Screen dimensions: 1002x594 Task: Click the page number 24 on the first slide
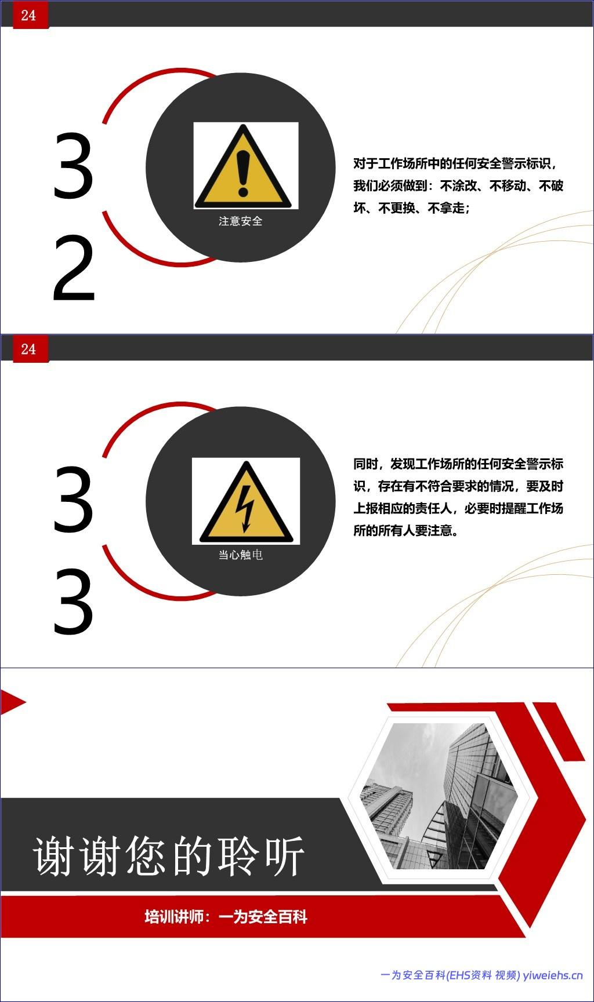28,15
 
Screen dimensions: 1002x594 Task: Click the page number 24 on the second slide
28,349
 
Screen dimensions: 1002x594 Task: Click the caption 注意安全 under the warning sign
240,221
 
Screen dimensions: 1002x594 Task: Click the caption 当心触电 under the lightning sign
240,555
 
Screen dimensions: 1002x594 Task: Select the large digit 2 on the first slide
73,269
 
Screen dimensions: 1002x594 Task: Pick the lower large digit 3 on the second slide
73,603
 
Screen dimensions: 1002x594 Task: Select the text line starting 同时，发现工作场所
458,464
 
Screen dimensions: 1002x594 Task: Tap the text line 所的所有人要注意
405,530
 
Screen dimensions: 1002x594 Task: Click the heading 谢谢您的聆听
168,856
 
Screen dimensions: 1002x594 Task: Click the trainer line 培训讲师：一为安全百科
226,917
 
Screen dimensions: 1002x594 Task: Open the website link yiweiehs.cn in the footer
552,975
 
